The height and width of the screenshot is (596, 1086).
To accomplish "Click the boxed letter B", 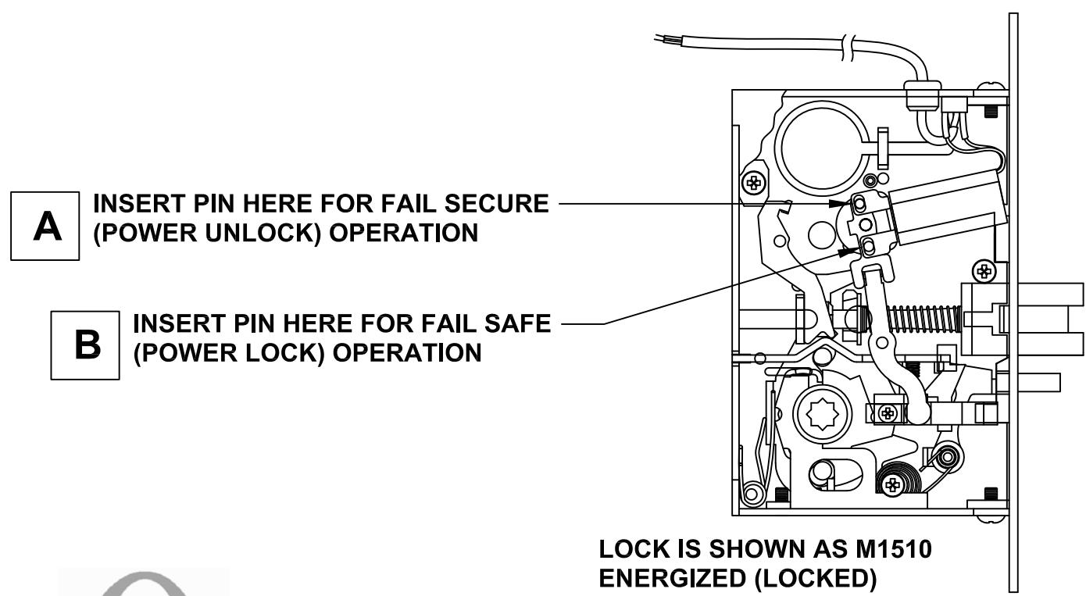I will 85,344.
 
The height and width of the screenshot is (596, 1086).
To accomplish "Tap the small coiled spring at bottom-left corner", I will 754,494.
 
